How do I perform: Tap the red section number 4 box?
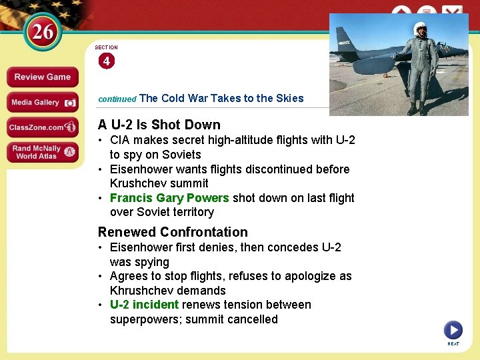coord(107,61)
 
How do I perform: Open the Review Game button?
coord(42,77)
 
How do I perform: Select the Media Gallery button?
coord(42,102)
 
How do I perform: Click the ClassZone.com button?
coord(42,127)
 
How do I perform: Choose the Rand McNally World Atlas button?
coord(42,152)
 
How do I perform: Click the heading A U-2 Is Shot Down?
coord(159,125)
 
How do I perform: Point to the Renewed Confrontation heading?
coord(173,232)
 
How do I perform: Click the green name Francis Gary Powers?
coord(169,198)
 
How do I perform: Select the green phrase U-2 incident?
coord(144,305)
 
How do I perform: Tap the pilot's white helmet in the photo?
coord(419,28)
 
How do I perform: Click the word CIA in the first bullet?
coord(121,140)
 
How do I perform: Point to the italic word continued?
coord(117,99)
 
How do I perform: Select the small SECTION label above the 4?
coord(106,47)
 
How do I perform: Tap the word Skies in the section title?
coord(289,98)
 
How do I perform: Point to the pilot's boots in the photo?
coord(417,108)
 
